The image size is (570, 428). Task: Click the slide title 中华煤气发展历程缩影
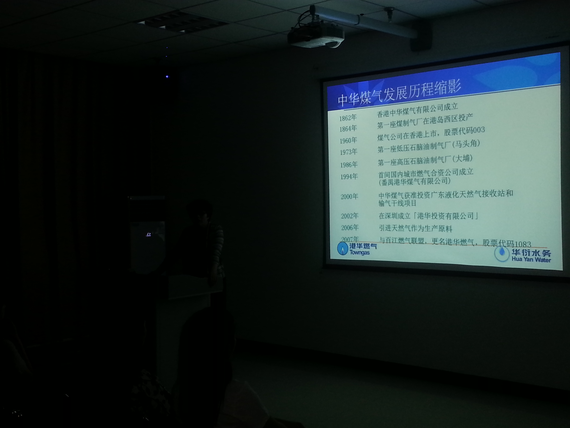(x=399, y=92)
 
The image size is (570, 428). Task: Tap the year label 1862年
(x=348, y=118)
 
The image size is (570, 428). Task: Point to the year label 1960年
(x=348, y=140)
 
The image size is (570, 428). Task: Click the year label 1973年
(x=348, y=152)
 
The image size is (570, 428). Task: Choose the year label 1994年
(x=349, y=177)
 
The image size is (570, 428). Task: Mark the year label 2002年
(x=350, y=216)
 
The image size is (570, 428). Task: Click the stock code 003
(x=479, y=130)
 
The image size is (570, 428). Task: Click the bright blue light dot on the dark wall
(x=167, y=77)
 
